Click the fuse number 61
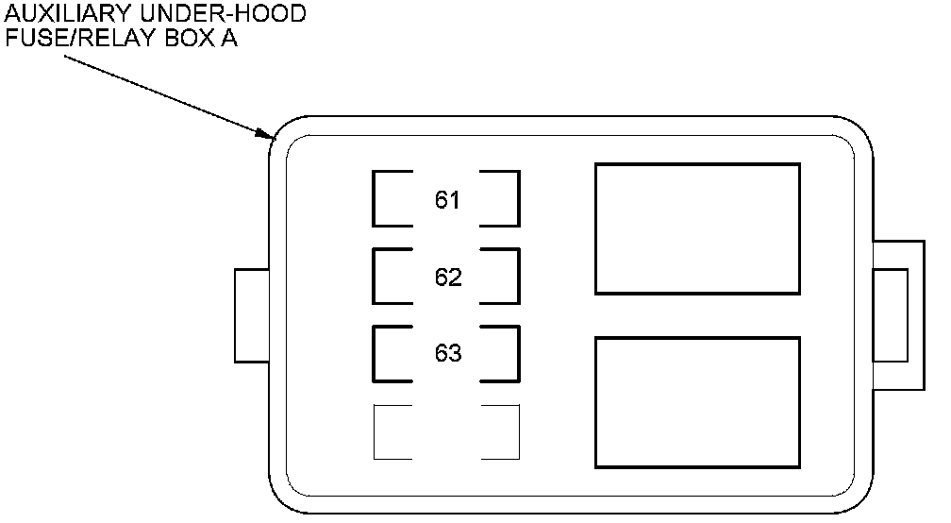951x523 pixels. [447, 200]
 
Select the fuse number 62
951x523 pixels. [448, 278]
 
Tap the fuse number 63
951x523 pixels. [448, 354]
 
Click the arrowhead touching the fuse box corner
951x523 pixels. [266, 135]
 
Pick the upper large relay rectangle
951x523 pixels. [697, 228]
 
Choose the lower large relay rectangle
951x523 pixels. [697, 402]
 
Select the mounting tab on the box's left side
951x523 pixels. [251, 315]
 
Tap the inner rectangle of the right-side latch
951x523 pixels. [891, 315]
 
